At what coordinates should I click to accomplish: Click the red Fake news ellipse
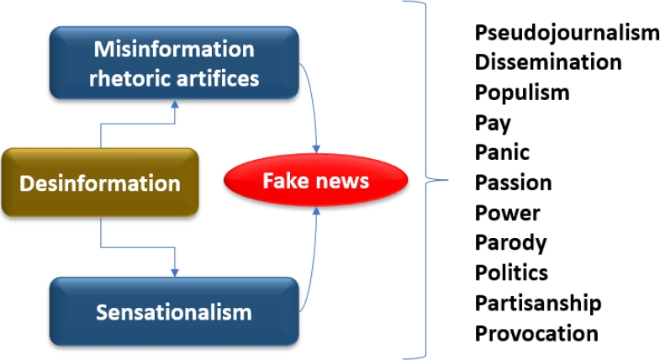click(316, 180)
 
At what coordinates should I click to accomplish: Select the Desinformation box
click(100, 183)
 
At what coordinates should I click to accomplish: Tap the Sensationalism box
click(174, 312)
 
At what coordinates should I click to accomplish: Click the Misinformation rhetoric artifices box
click(174, 63)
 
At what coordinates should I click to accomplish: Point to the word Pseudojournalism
click(567, 33)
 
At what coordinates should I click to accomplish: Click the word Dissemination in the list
click(548, 62)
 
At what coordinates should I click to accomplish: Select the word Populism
click(522, 92)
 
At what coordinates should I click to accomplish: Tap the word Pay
click(493, 123)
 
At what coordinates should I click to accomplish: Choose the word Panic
click(502, 152)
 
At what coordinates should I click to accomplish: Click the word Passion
click(513, 183)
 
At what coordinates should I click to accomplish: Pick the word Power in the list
click(507, 213)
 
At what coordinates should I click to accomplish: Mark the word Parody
click(510, 243)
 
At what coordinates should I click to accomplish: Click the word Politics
click(511, 273)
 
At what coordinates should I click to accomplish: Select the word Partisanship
click(538, 303)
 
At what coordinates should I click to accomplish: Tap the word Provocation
click(536, 333)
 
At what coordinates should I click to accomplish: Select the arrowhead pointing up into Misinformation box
click(174, 103)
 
